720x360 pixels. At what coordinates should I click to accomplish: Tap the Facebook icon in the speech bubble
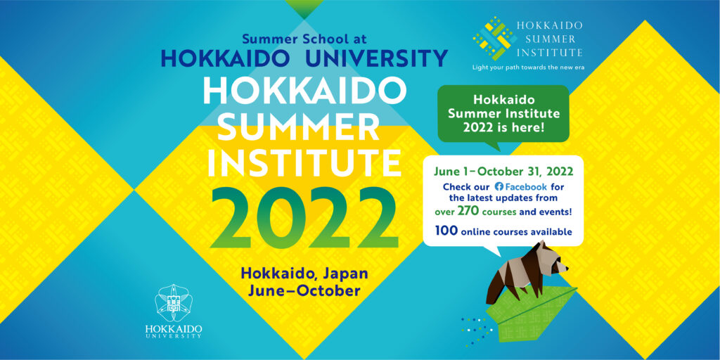[499, 187]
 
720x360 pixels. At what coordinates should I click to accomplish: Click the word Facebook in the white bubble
[526, 187]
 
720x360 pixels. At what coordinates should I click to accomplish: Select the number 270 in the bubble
[467, 212]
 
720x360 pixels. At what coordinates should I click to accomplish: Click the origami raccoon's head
[553, 260]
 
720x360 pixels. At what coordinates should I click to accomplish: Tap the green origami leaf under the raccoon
[529, 313]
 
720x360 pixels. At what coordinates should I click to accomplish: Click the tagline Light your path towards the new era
[528, 68]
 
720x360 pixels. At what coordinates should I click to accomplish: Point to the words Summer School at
[304, 39]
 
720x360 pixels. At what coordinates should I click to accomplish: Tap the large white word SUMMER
[304, 127]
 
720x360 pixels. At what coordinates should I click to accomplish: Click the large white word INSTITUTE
[304, 163]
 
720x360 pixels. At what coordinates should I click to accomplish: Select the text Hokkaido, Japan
[304, 274]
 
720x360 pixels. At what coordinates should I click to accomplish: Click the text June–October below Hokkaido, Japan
[304, 291]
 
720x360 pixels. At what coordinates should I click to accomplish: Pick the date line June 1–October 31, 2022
[503, 172]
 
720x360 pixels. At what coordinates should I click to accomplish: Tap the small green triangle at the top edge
[304, 9]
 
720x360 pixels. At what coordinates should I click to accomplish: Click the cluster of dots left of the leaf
[475, 331]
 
